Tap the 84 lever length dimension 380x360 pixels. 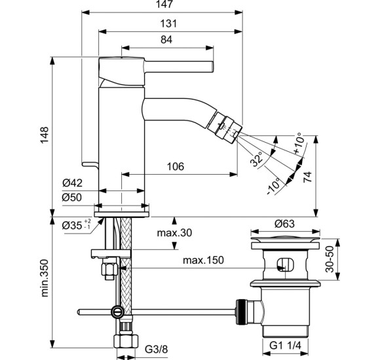click(166, 40)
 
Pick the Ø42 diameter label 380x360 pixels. click(73, 183)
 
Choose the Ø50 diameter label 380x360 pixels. click(73, 197)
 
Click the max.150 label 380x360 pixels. click(203, 261)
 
